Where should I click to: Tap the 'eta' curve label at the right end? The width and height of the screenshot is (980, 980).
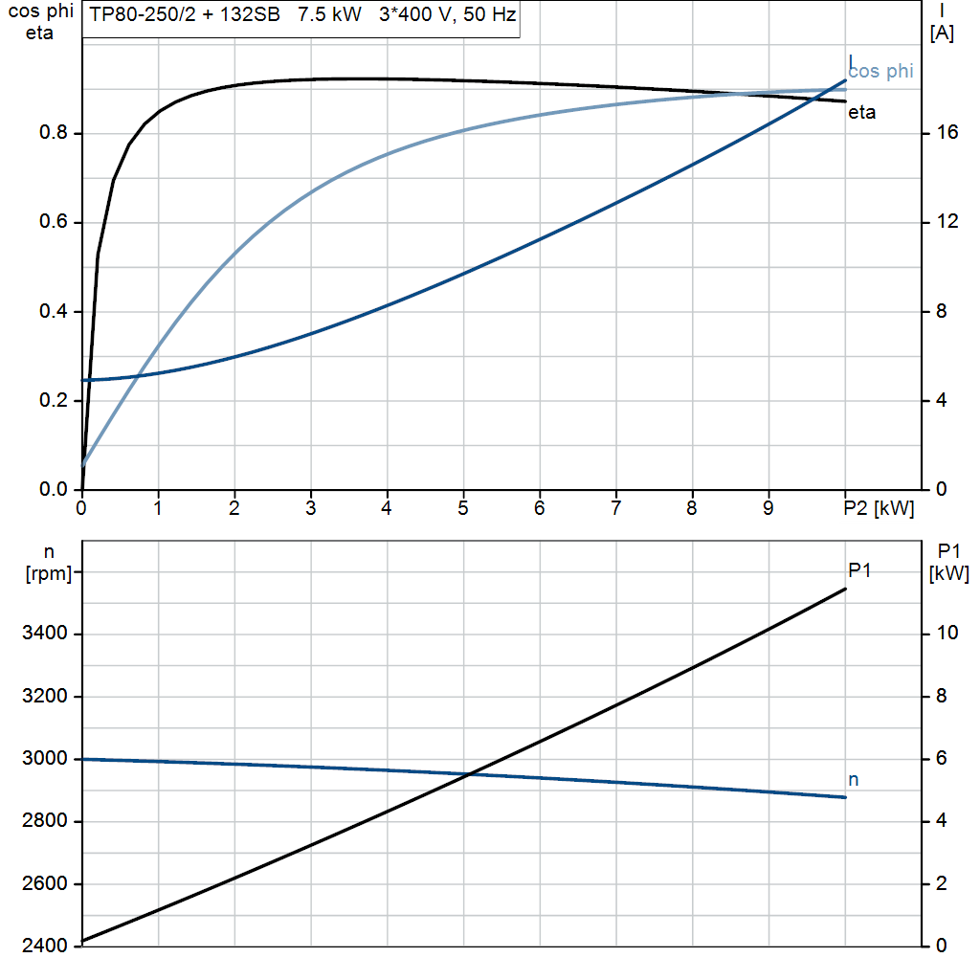(861, 113)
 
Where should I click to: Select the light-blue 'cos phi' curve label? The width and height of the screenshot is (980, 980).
(880, 71)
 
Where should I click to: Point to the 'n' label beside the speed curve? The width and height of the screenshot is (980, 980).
(854, 780)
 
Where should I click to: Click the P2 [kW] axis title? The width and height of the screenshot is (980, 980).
(880, 508)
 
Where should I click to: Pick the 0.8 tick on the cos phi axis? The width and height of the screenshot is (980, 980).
(53, 133)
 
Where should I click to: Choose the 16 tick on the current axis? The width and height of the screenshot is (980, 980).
(947, 133)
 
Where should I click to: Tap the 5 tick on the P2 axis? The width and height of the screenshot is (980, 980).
(463, 508)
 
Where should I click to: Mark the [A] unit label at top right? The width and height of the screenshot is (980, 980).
(941, 33)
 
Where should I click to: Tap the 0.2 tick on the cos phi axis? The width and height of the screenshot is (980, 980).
(53, 401)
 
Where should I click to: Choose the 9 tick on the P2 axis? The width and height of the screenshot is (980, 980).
(768, 508)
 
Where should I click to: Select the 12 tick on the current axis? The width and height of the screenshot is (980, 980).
(947, 222)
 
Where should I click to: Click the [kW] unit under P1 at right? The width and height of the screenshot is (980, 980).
(948, 573)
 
